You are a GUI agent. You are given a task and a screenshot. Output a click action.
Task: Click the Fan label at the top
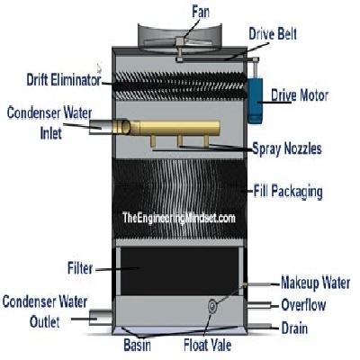[201, 13]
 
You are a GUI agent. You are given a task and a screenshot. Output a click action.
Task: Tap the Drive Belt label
[273, 33]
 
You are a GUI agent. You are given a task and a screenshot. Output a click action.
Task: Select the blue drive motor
[255, 101]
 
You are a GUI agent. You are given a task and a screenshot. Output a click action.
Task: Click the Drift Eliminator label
[64, 80]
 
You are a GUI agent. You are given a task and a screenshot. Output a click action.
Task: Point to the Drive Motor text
[300, 95]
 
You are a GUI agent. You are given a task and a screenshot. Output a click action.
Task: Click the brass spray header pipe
[179, 128]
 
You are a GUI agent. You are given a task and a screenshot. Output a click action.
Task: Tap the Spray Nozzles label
[287, 148]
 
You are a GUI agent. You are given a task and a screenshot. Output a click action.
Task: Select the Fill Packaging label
[288, 192]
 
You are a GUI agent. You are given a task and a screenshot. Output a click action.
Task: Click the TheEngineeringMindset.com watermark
[179, 218]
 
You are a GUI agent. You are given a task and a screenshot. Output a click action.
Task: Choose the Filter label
[80, 268]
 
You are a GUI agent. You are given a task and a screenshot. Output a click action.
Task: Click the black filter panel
[179, 271]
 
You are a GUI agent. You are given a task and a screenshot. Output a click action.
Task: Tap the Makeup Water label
[316, 283]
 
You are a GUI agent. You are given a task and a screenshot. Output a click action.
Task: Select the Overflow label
[303, 305]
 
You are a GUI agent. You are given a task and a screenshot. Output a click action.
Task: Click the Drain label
[294, 328]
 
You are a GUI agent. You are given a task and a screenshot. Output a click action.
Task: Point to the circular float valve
[212, 306]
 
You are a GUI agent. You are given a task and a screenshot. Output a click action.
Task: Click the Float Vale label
[208, 345]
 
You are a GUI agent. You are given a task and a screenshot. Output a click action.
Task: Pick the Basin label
[137, 345]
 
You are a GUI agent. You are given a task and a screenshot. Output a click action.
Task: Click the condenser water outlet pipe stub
[101, 318]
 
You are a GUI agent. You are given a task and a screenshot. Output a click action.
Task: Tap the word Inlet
[51, 133]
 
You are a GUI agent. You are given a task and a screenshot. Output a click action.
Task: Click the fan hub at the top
[179, 40]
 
